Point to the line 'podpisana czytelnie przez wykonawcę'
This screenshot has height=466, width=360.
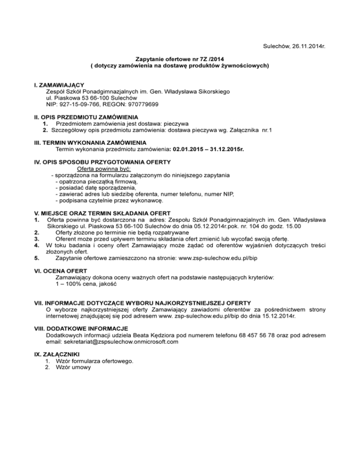click(109, 201)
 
